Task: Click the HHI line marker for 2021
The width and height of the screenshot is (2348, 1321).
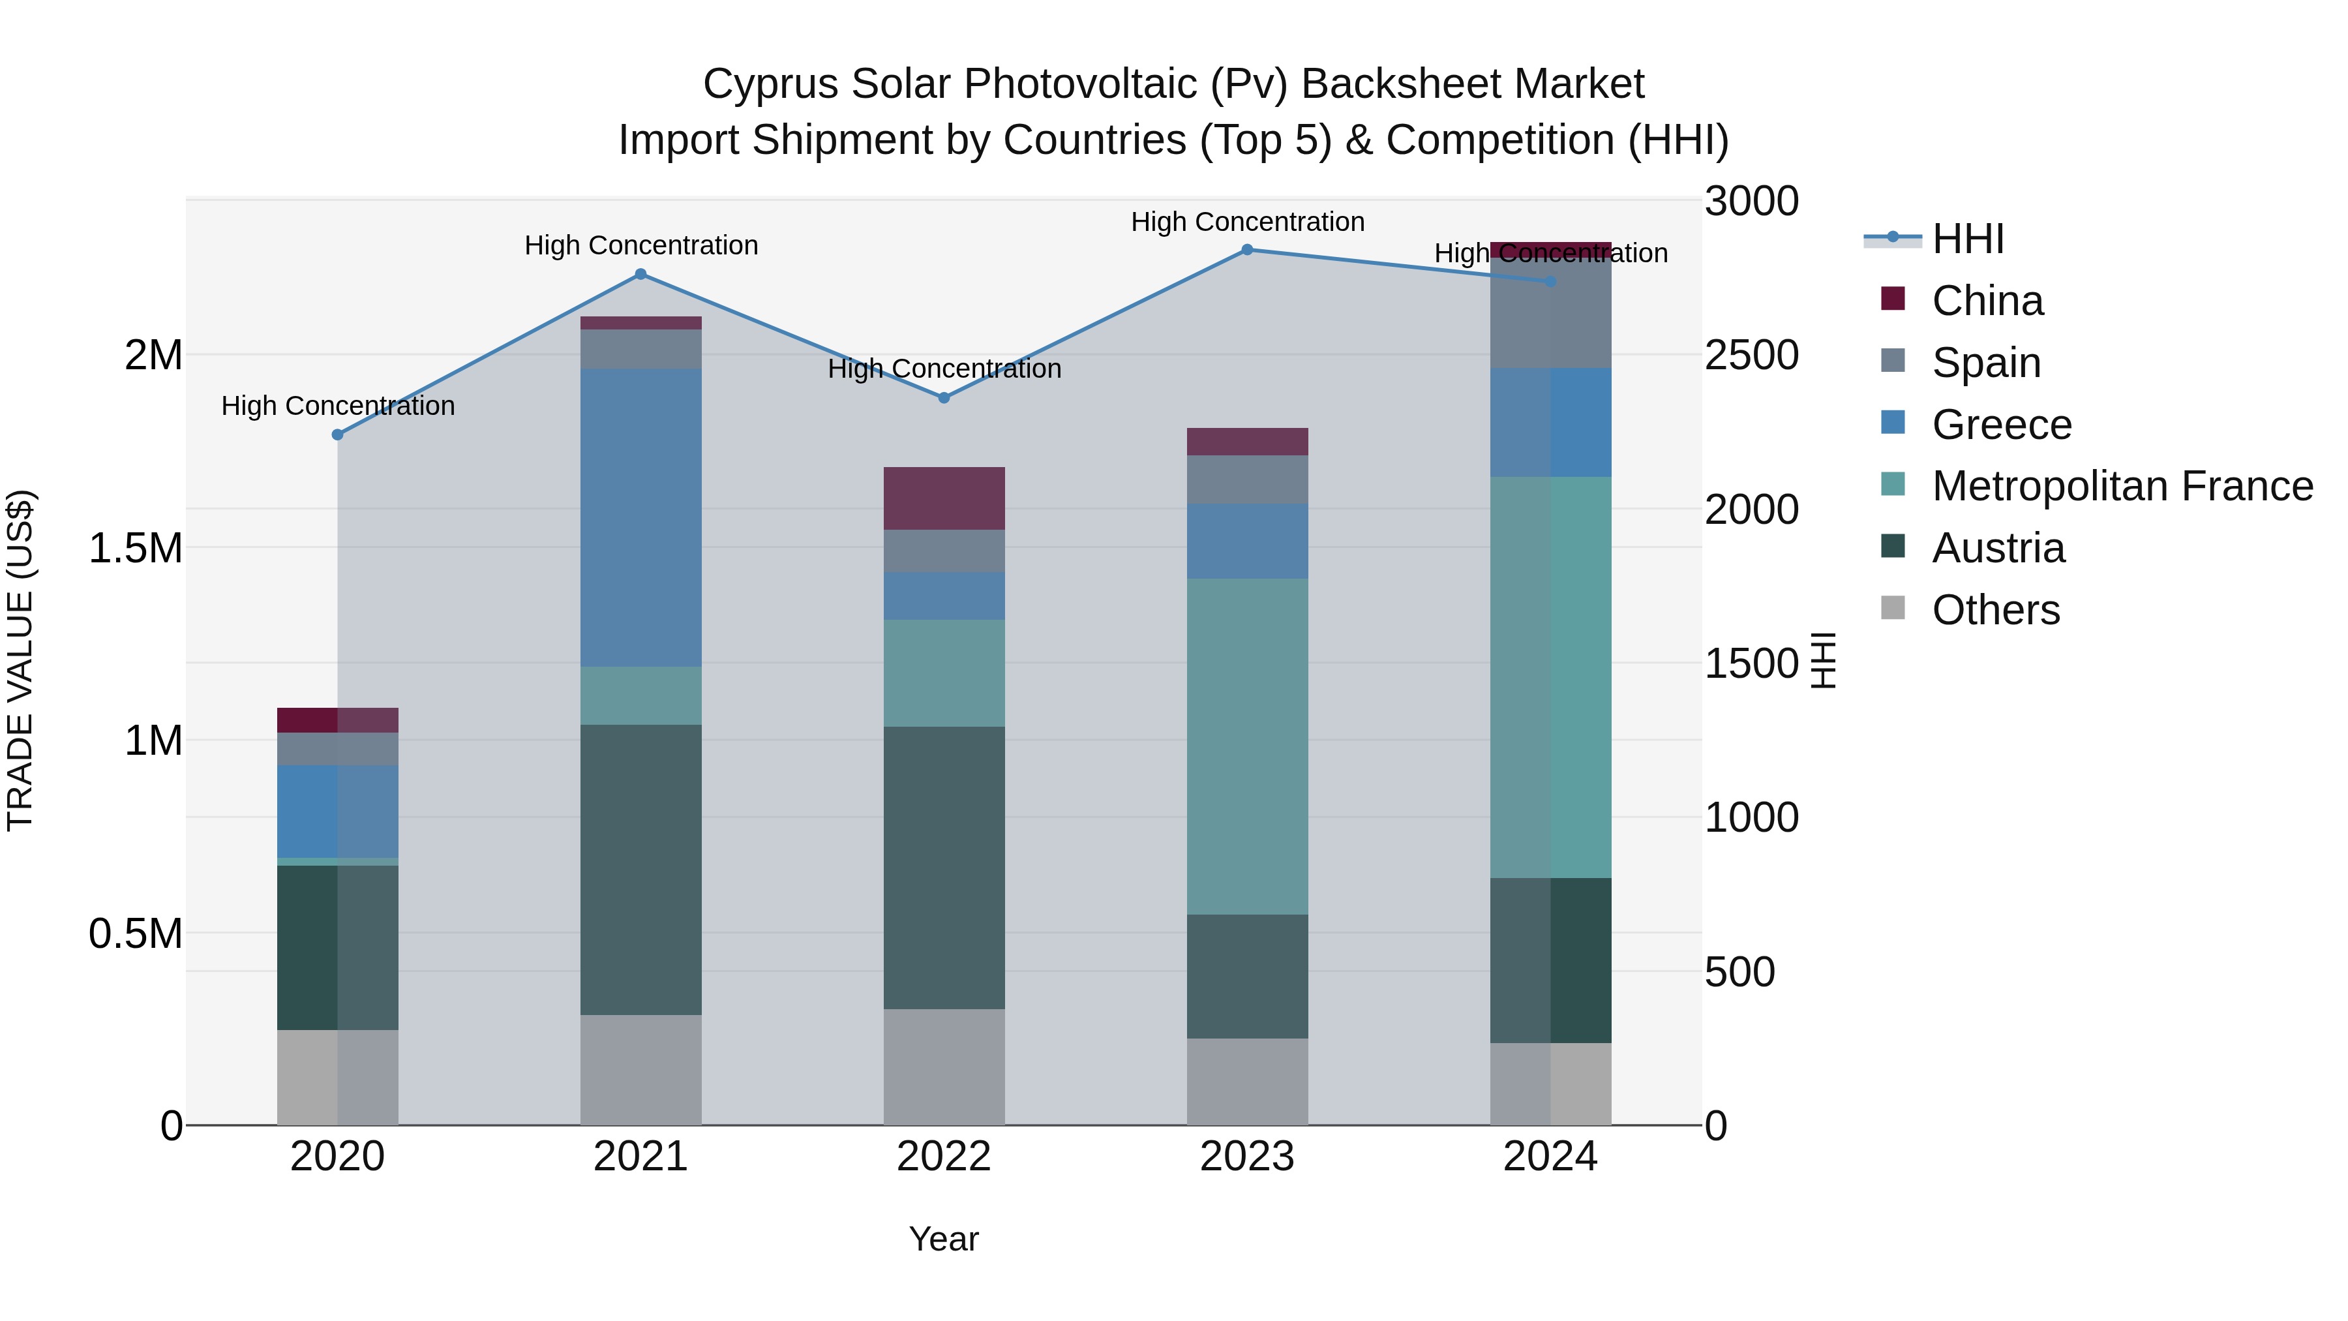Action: click(x=640, y=275)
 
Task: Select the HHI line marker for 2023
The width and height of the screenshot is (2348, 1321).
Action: click(x=1247, y=250)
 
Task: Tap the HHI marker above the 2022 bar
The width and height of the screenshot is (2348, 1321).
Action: click(x=944, y=397)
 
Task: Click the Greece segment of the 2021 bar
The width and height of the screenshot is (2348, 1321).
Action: click(x=640, y=517)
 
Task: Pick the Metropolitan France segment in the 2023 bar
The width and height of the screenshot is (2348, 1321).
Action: click(x=1247, y=746)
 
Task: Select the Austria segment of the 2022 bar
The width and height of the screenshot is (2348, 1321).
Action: click(x=944, y=867)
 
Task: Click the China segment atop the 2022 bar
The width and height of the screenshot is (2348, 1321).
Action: click(x=944, y=498)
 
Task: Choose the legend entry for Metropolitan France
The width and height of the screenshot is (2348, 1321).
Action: click(x=2122, y=486)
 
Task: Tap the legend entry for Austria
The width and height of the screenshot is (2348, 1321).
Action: click(x=1998, y=548)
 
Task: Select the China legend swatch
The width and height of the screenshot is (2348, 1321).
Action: click(x=1893, y=299)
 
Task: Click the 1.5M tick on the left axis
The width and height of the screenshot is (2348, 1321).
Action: click(x=136, y=548)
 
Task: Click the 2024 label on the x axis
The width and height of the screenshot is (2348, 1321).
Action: click(x=1550, y=1157)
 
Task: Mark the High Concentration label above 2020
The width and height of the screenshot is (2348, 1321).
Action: click(x=338, y=406)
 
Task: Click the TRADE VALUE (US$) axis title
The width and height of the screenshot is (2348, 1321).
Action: click(x=20, y=660)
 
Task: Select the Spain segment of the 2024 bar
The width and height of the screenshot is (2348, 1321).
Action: click(x=1550, y=312)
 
